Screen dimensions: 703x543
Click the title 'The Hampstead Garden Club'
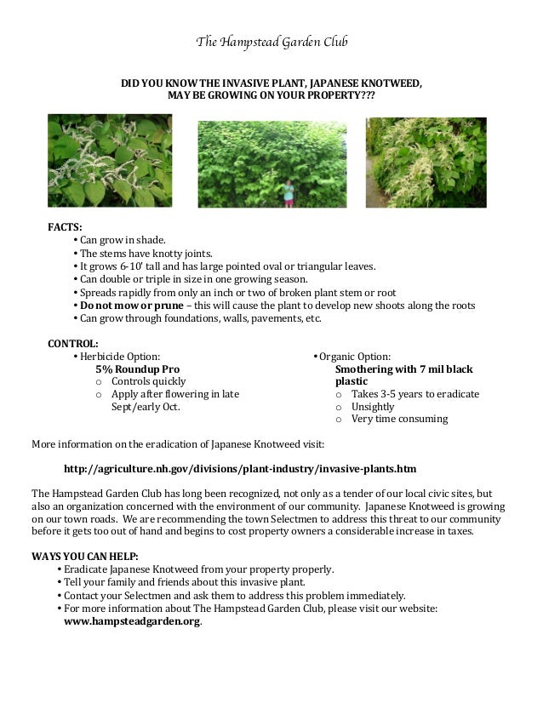271,42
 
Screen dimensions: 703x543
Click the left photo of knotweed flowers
110,161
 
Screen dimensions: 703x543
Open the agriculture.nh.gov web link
240,469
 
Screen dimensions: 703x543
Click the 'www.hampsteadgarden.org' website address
133,621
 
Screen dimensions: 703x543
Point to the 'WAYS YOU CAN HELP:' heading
84,557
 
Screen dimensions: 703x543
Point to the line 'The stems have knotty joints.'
146,253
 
